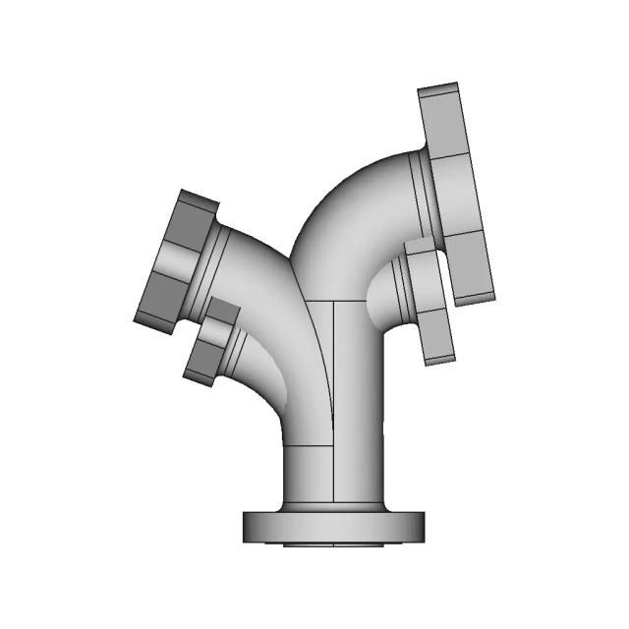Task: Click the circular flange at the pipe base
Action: [x=335, y=527]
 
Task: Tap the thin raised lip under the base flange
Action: [x=335, y=543]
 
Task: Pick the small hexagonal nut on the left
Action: [x=208, y=344]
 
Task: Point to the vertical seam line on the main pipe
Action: [x=335, y=393]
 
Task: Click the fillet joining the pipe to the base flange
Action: [x=335, y=507]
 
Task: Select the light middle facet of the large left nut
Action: [x=167, y=260]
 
